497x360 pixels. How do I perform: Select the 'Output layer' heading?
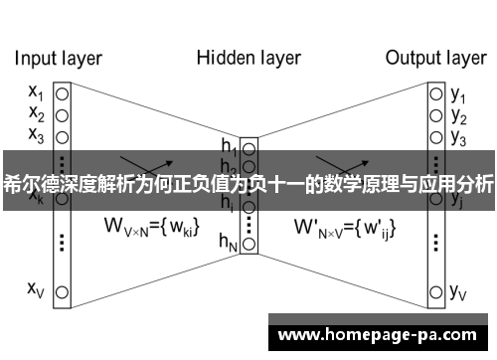pos(434,58)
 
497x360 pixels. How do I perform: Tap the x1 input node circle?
pos(62,93)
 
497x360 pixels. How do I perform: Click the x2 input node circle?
pos(62,114)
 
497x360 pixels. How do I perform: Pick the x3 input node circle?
pos(62,135)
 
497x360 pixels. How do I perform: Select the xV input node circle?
pos(62,291)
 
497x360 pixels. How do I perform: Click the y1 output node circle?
pos(435,93)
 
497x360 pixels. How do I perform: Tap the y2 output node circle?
pos(435,114)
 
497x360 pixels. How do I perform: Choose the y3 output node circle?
pos(435,135)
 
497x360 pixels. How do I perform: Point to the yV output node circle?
pos(435,291)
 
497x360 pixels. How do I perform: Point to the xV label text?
pos(36,289)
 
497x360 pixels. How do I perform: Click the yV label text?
pos(459,291)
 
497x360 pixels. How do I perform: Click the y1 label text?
pos(458,94)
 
